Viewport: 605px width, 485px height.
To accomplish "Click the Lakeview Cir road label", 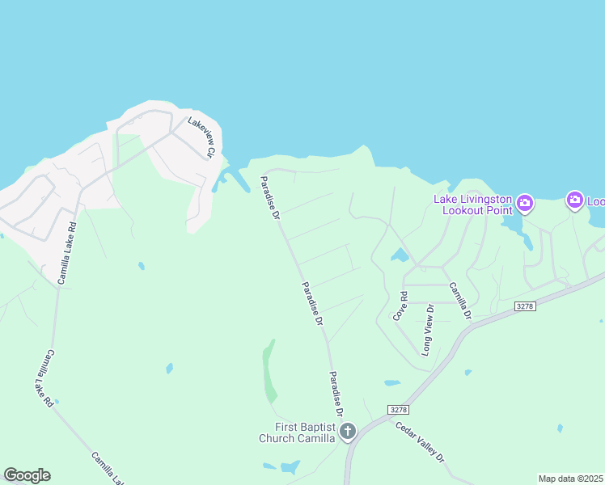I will [x=202, y=137].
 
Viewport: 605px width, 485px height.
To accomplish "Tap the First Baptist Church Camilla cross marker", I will [x=348, y=432].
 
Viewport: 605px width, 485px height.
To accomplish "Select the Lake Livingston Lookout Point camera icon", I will [x=524, y=202].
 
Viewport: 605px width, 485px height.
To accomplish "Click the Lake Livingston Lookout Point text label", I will [x=473, y=205].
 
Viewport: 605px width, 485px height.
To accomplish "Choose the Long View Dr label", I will [x=428, y=329].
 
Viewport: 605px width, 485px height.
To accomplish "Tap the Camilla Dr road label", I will [x=459, y=300].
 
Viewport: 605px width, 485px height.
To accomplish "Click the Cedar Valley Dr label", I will [x=421, y=441].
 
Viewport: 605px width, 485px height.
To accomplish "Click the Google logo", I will [x=27, y=475].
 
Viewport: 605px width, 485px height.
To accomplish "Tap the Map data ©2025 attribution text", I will [x=571, y=479].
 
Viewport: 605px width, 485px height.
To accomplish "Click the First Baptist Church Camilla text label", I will [x=297, y=432].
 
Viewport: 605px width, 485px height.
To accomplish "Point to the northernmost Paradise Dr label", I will [x=270, y=198].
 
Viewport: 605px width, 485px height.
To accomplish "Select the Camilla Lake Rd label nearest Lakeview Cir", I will [x=67, y=253].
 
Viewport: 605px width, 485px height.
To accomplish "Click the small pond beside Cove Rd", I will [x=400, y=256].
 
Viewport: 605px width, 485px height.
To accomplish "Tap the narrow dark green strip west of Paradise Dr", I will [x=269, y=372].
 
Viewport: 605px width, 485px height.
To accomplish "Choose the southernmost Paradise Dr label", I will [x=336, y=394].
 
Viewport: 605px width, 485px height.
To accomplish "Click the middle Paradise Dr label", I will [x=312, y=303].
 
